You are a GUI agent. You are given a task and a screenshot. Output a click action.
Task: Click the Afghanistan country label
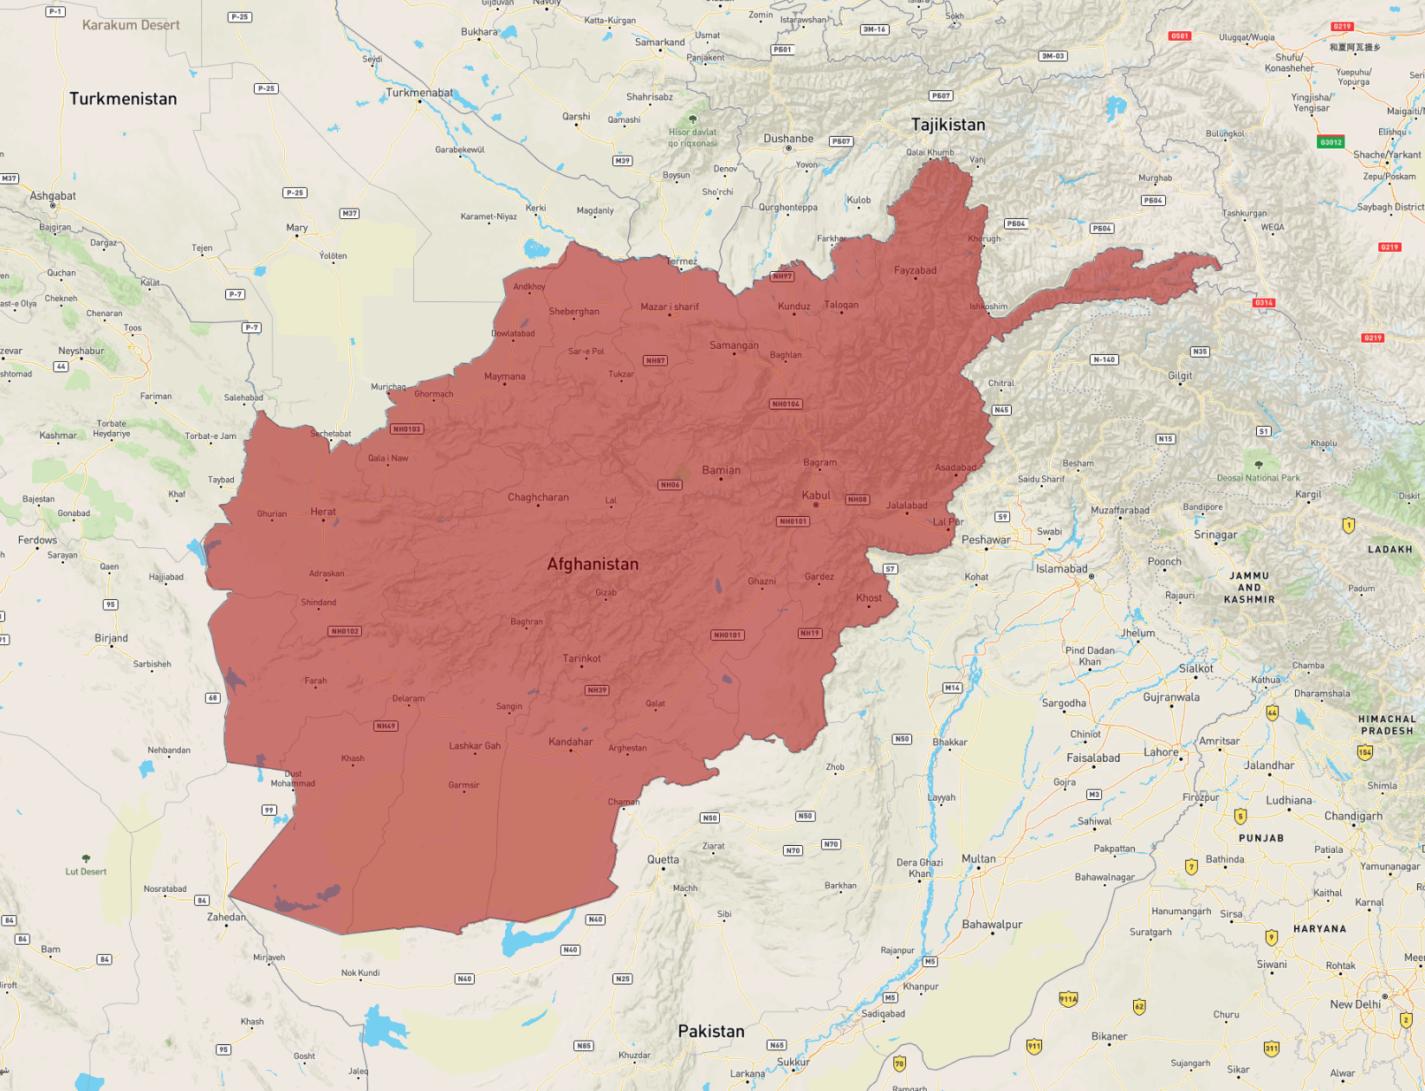coord(593,564)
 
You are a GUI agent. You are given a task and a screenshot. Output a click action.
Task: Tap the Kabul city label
coord(816,495)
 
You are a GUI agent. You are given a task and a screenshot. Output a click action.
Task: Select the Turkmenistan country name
coord(123,99)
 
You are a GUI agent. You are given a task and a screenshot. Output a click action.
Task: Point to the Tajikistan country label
coord(948,125)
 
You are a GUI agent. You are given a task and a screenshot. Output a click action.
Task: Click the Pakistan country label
coord(710,1031)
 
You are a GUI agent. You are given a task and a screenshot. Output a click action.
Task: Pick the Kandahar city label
coord(570,741)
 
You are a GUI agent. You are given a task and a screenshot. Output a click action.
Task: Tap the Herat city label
coord(323,512)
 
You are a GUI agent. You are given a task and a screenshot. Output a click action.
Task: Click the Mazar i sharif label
coord(669,307)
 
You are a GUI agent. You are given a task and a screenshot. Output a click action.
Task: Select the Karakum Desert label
coord(131,25)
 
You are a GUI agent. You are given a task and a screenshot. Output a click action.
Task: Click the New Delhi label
coord(1355,1004)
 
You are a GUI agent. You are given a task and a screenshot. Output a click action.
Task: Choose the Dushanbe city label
coord(787,139)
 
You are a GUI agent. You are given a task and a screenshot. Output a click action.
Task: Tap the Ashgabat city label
coord(53,196)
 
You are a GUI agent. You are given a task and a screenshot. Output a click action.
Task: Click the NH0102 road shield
coord(345,631)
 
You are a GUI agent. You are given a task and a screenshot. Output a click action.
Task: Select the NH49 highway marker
coord(385,726)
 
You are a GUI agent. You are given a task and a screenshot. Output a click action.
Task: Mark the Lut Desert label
coord(86,872)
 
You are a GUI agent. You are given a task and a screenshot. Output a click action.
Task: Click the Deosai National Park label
coord(1258,478)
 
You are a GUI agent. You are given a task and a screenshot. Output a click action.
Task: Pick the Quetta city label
coord(663,860)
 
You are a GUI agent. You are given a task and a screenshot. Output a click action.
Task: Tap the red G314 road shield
coord(1263,302)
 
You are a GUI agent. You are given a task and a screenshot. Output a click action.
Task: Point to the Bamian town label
coord(721,470)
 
